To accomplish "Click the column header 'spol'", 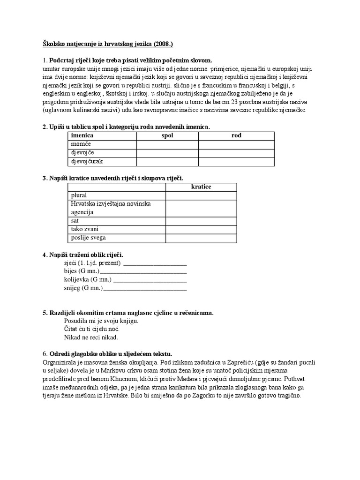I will pos(167,135).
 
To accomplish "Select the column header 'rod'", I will pos(236,135).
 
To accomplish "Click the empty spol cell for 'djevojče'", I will pos(167,153).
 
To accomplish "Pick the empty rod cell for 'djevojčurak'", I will pos(236,162).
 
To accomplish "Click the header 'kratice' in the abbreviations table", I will pos(201,187).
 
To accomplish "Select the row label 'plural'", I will pos(79,195).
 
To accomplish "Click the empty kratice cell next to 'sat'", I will pos(201,220).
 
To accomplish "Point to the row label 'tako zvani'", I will pos(85,229).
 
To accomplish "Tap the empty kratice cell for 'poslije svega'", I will pos(201,238).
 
